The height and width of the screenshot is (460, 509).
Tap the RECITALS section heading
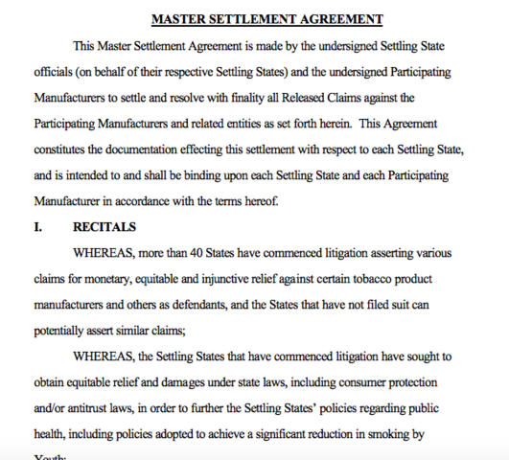coord(104,227)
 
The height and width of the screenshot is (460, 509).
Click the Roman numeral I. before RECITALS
coord(39,227)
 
